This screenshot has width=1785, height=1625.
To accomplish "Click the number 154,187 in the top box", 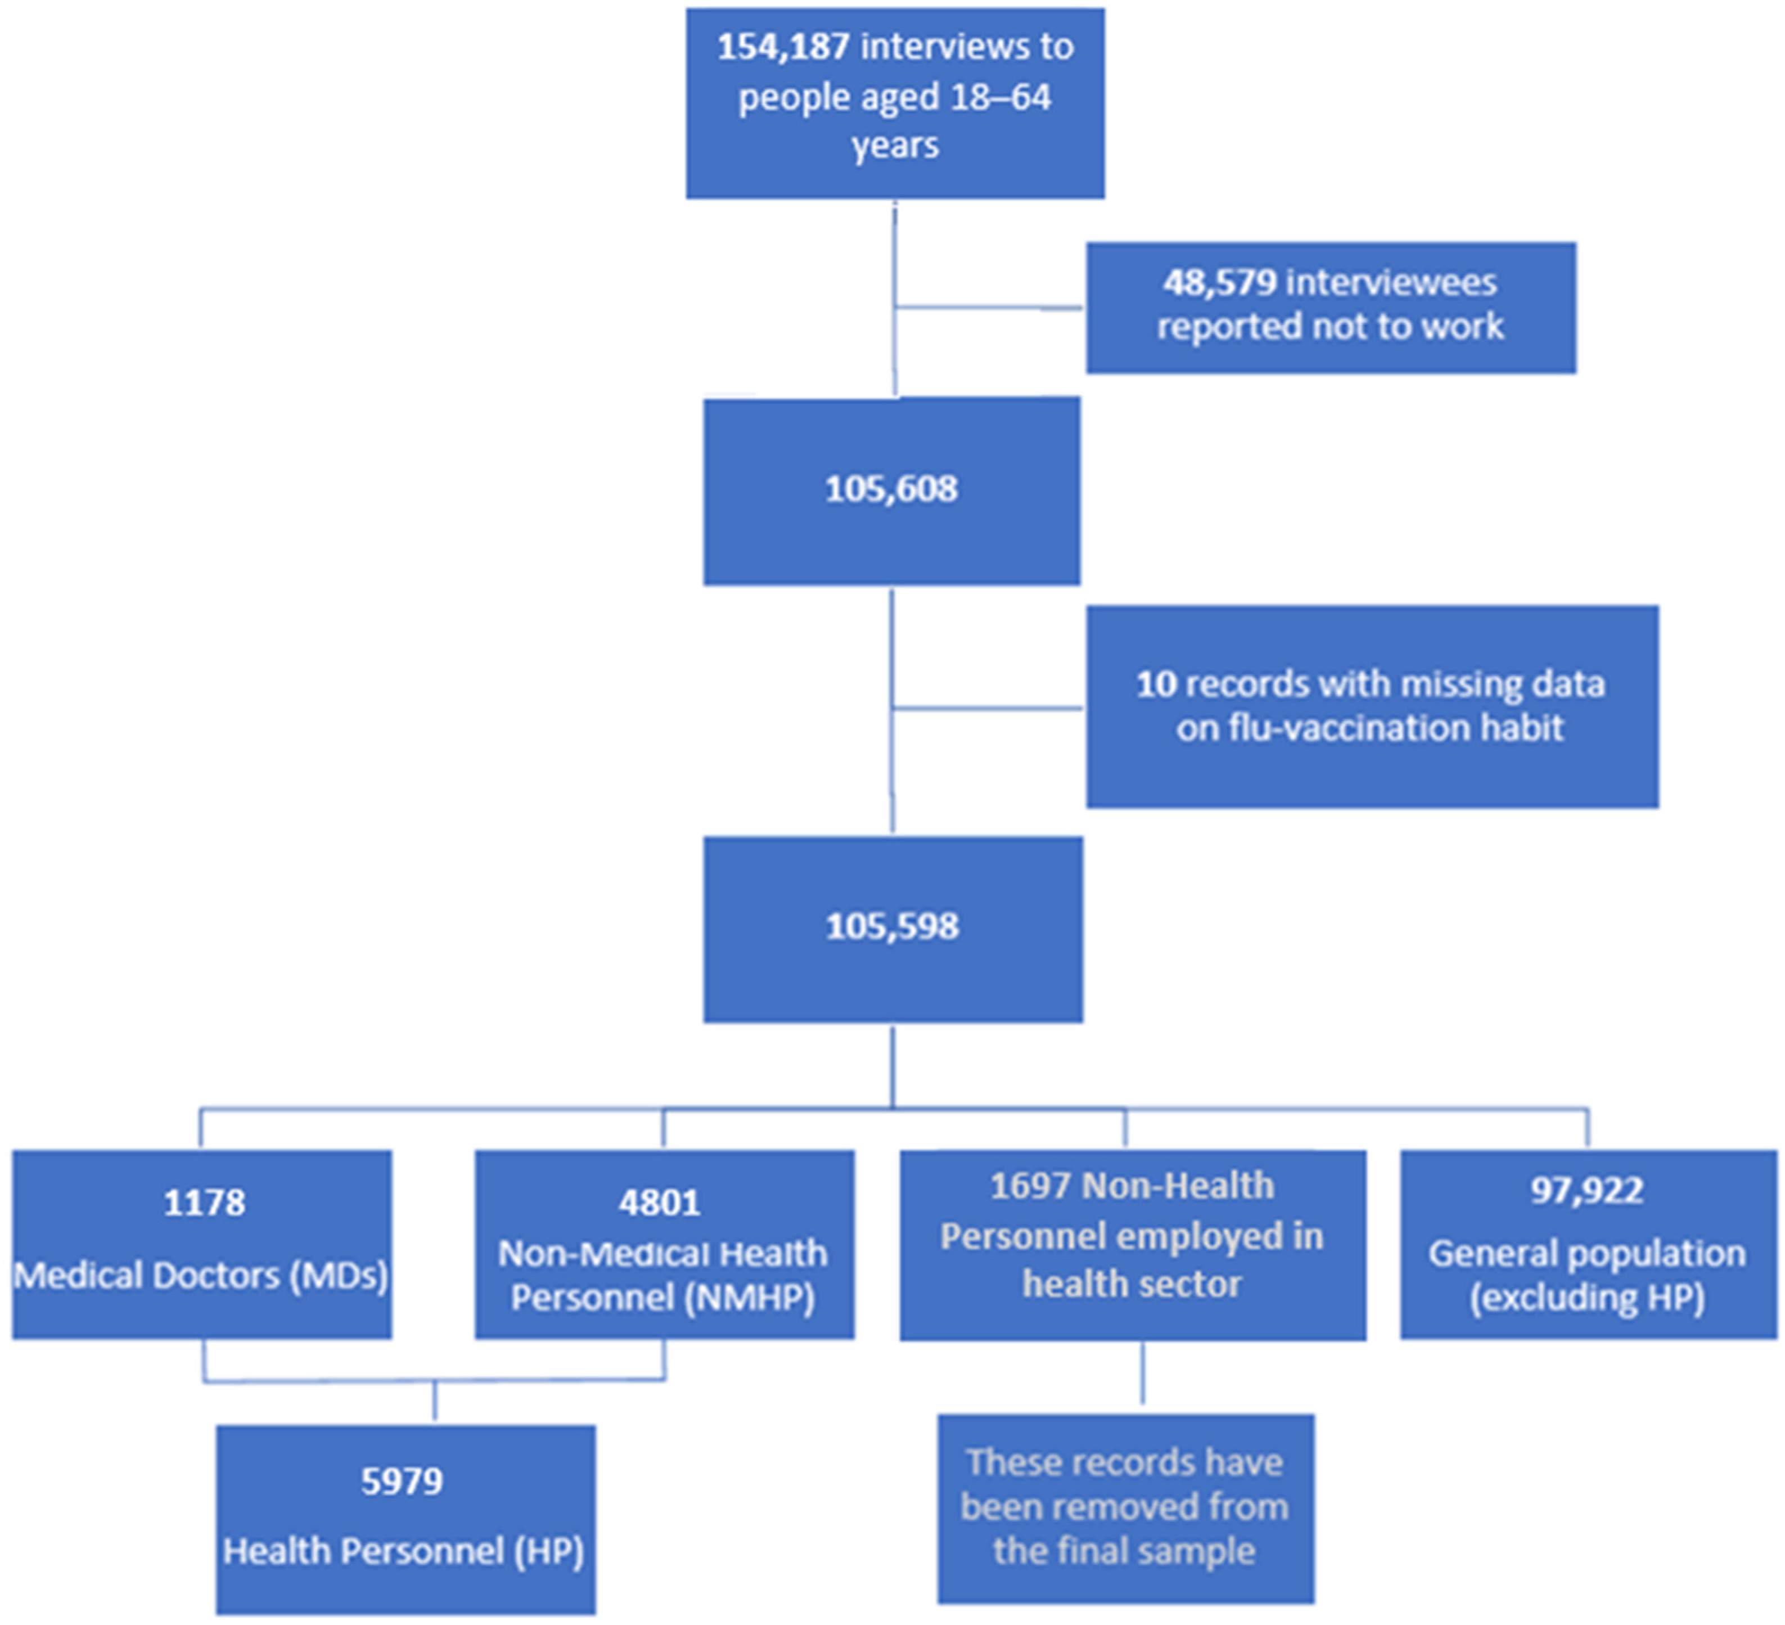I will [783, 47].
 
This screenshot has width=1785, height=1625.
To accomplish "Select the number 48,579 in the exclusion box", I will [1219, 282].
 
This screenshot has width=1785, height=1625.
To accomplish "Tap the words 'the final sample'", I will [1124, 1551].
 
